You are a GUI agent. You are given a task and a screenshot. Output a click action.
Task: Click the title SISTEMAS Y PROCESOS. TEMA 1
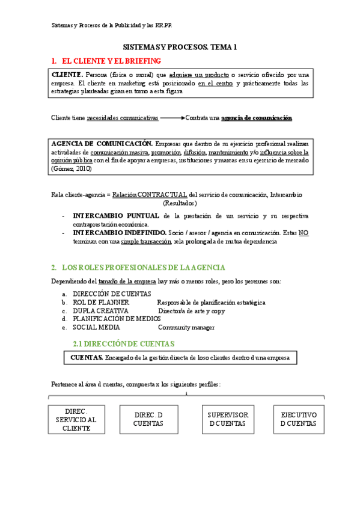(x=180, y=46)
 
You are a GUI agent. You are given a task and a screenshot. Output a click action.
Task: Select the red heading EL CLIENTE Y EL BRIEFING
(x=111, y=61)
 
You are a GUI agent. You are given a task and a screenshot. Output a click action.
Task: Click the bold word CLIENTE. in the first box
(x=68, y=75)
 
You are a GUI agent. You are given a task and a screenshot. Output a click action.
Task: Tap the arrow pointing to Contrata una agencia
(x=172, y=118)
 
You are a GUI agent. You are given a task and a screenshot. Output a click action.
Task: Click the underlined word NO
(x=304, y=232)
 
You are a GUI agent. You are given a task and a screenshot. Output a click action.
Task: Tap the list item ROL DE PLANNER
(x=99, y=303)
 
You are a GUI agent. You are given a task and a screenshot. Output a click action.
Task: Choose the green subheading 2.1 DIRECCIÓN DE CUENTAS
(x=123, y=344)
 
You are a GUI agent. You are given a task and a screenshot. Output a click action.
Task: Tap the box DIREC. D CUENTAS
(x=148, y=419)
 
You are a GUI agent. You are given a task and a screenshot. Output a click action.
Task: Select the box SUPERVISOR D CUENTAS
(x=228, y=419)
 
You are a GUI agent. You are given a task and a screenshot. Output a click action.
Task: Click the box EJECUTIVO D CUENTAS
(x=299, y=419)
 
